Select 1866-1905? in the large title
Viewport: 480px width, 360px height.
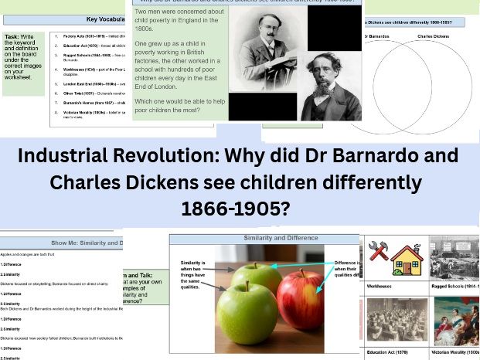click(x=240, y=209)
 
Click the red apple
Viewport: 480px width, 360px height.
click(x=301, y=297)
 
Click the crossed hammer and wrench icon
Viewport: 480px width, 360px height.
click(x=378, y=250)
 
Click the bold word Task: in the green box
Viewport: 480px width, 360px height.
click(x=12, y=36)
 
